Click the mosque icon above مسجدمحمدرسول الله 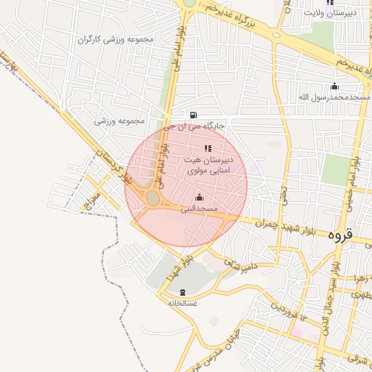point(334,86)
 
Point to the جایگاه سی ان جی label point(194,126)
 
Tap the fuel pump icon point(193,114)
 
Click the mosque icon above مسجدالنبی point(199,197)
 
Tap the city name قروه point(339,234)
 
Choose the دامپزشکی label point(239,265)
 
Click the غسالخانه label point(182,302)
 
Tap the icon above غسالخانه point(182,291)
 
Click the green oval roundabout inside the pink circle point(153,198)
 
